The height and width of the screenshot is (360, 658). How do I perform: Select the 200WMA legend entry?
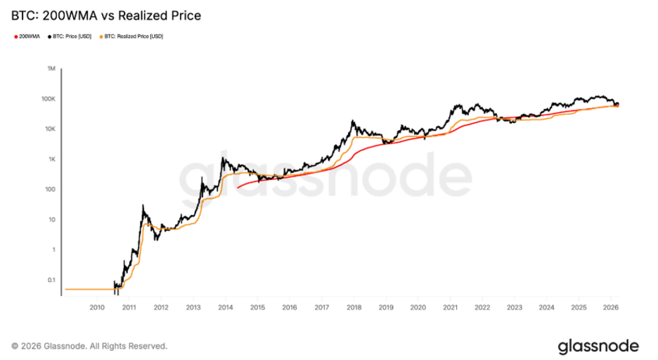(27, 36)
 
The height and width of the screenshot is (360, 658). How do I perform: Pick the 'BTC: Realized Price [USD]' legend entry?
(134, 36)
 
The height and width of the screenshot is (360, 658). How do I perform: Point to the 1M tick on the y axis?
(51, 69)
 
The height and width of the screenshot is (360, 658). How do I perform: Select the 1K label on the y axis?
(52, 160)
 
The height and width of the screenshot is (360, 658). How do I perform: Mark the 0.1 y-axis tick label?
(51, 280)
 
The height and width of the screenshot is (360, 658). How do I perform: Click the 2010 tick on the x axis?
(97, 307)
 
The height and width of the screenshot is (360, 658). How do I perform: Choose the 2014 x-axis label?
(225, 307)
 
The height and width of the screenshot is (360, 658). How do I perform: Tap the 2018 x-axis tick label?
(354, 307)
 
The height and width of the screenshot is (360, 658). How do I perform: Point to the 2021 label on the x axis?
(450, 307)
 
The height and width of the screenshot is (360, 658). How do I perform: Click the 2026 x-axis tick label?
(610, 307)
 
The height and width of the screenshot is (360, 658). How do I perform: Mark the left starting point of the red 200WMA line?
(238, 188)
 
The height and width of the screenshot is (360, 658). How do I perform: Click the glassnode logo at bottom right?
(598, 346)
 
